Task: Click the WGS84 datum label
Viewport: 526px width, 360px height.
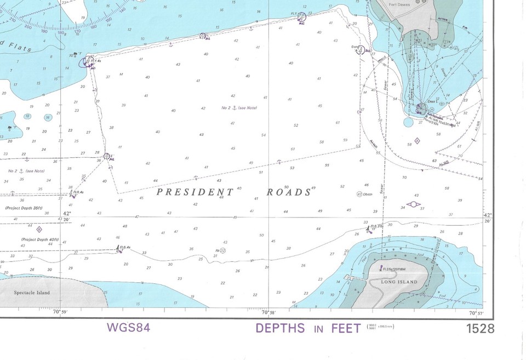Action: point(128,328)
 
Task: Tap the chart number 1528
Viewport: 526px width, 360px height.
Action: point(479,329)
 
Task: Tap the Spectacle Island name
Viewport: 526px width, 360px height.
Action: point(32,293)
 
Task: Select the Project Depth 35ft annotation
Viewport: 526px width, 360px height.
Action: point(24,208)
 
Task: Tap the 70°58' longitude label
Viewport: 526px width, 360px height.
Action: point(268,312)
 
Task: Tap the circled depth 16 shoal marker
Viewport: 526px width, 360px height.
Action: point(48,117)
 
